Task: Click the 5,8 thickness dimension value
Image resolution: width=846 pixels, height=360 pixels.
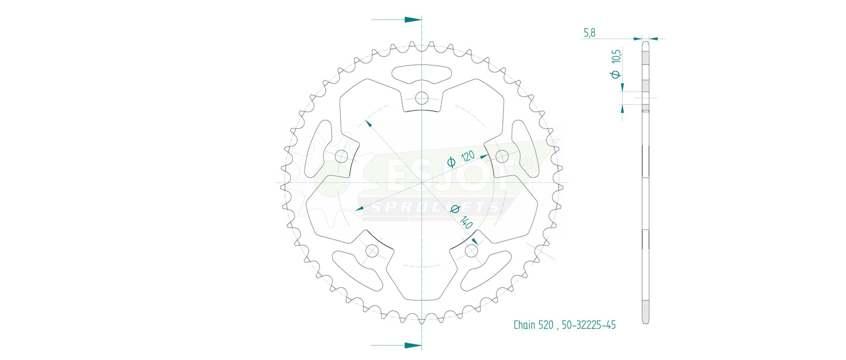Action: pos(589,33)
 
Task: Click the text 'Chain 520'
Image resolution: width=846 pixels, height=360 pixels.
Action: pos(533,325)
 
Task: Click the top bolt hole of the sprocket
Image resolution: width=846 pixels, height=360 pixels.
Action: pos(422,98)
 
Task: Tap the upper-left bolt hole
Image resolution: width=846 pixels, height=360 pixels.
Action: pos(341,156)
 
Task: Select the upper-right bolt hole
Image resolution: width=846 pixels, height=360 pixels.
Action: pos(502,156)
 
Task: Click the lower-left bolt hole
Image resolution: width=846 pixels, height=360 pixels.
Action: pos(372,251)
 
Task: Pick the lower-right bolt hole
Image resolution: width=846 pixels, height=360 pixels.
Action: pos(471,251)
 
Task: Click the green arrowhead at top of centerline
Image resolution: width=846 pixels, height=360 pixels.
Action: pos(413,19)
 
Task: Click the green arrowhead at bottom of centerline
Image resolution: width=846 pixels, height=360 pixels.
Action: pos(413,345)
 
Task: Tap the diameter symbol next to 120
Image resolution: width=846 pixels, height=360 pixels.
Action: pos(451,163)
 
